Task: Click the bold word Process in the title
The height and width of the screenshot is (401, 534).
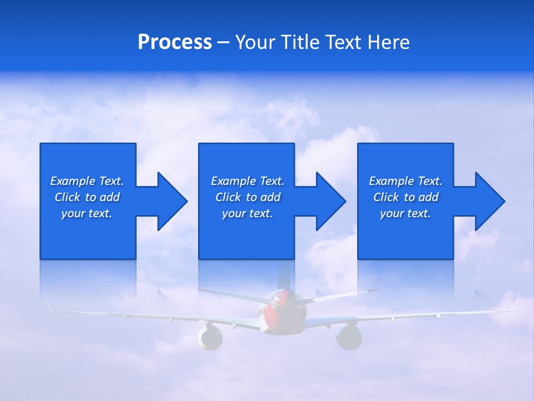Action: tap(175, 42)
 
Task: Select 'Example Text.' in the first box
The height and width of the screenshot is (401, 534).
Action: tap(87, 181)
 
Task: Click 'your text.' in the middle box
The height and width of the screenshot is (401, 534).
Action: tap(247, 213)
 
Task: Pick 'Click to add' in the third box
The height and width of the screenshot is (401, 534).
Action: tap(406, 197)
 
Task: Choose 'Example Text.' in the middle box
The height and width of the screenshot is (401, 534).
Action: tap(247, 181)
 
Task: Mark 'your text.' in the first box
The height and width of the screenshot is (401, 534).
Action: tap(87, 213)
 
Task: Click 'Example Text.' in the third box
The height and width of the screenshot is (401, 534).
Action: tap(406, 181)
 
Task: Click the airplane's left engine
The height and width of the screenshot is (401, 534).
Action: tap(210, 338)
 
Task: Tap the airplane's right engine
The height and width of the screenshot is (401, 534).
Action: tap(349, 336)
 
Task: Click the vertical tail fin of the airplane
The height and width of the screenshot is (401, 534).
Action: tap(284, 276)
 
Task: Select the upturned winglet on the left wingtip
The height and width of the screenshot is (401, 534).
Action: tap(48, 303)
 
